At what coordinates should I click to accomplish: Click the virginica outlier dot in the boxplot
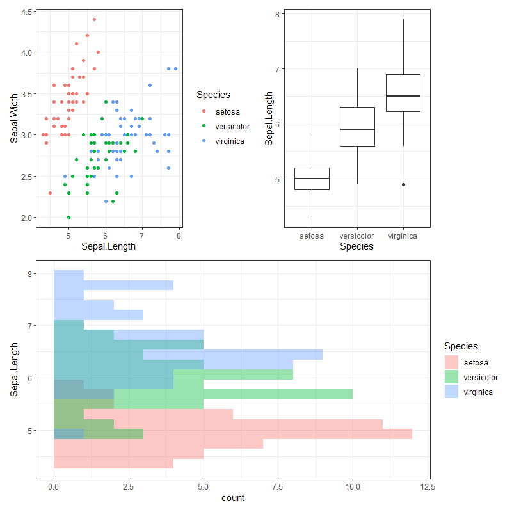click(403, 184)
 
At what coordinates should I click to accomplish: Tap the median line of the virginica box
click(403, 96)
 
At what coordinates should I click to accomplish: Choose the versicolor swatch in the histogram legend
click(452, 377)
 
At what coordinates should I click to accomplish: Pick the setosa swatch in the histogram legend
click(452, 363)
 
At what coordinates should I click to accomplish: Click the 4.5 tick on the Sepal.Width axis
click(26, 12)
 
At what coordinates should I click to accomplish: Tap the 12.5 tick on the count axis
click(427, 488)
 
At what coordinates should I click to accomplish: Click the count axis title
click(233, 498)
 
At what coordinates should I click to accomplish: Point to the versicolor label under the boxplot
click(356, 236)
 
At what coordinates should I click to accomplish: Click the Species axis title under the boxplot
click(356, 246)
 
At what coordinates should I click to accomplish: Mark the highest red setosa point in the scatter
click(94, 20)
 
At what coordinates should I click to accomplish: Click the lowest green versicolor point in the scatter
click(68, 217)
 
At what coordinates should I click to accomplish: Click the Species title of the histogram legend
click(461, 346)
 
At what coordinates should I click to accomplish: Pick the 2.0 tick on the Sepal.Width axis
click(26, 218)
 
